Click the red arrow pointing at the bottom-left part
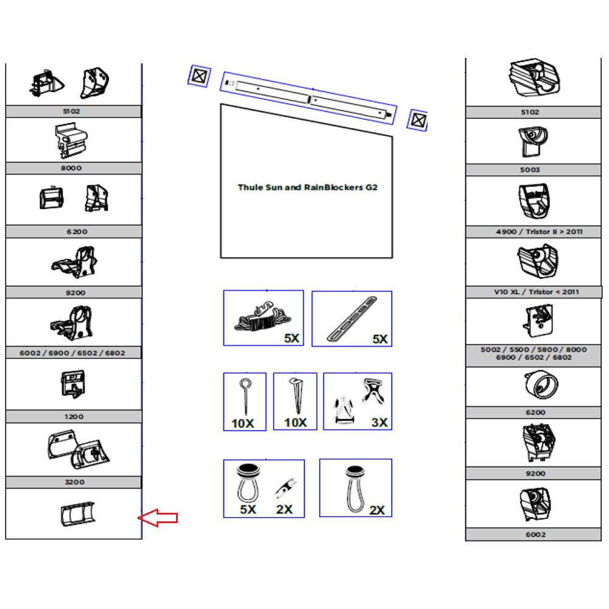(158, 518)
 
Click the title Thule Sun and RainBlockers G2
(307, 188)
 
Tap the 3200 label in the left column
(74, 482)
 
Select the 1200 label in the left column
(74, 417)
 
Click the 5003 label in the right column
(530, 170)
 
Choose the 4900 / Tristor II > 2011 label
(535, 231)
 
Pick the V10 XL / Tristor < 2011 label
(536, 292)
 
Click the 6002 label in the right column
(535, 535)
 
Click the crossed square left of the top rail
(199, 76)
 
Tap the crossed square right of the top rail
(417, 119)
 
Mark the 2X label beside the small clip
(284, 509)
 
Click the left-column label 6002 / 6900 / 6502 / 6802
(73, 353)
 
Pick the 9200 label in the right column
(535, 473)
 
